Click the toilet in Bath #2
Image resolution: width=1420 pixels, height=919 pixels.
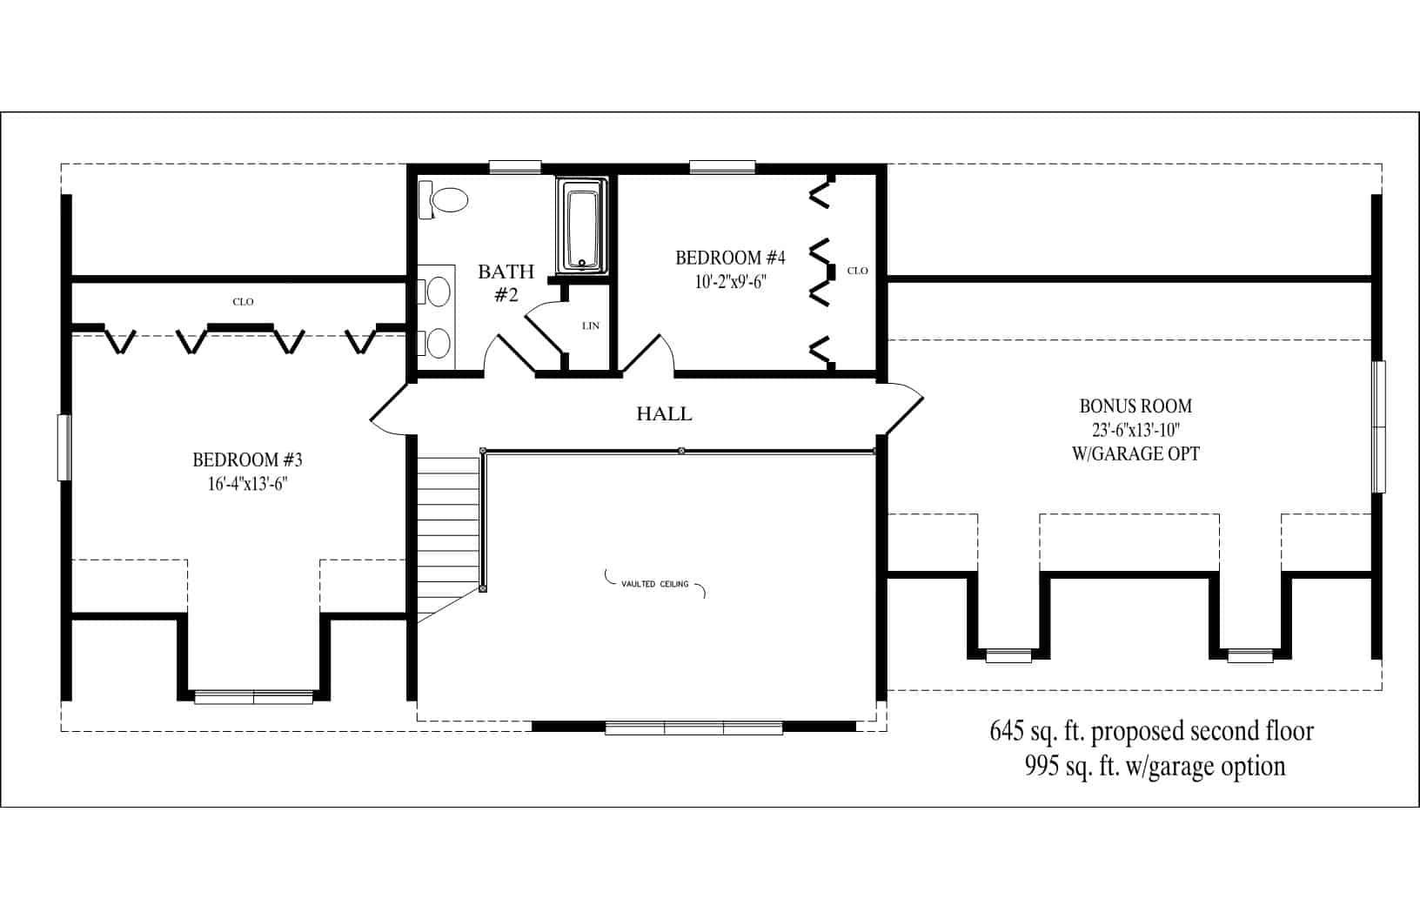click(x=446, y=200)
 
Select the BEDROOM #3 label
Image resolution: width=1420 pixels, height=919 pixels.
click(x=247, y=459)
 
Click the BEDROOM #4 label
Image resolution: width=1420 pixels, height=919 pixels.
click(x=730, y=258)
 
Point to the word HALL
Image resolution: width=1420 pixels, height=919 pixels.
click(x=664, y=414)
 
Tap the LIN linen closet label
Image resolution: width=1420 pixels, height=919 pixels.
click(x=591, y=326)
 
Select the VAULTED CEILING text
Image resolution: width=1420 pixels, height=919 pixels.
click(x=654, y=584)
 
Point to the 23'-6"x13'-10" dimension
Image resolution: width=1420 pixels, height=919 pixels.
click(x=1135, y=430)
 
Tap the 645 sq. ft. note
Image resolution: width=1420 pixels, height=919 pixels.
click(x=1151, y=731)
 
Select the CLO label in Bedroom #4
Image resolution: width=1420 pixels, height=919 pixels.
click(x=857, y=271)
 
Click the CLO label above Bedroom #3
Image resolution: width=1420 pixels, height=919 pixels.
click(x=243, y=302)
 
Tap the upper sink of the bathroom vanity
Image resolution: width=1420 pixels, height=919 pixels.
click(x=439, y=291)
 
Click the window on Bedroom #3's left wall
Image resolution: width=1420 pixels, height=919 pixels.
click(x=64, y=447)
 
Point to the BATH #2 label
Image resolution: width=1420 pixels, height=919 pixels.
click(x=506, y=283)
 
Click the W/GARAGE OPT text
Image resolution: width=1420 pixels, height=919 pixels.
click(x=1136, y=453)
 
